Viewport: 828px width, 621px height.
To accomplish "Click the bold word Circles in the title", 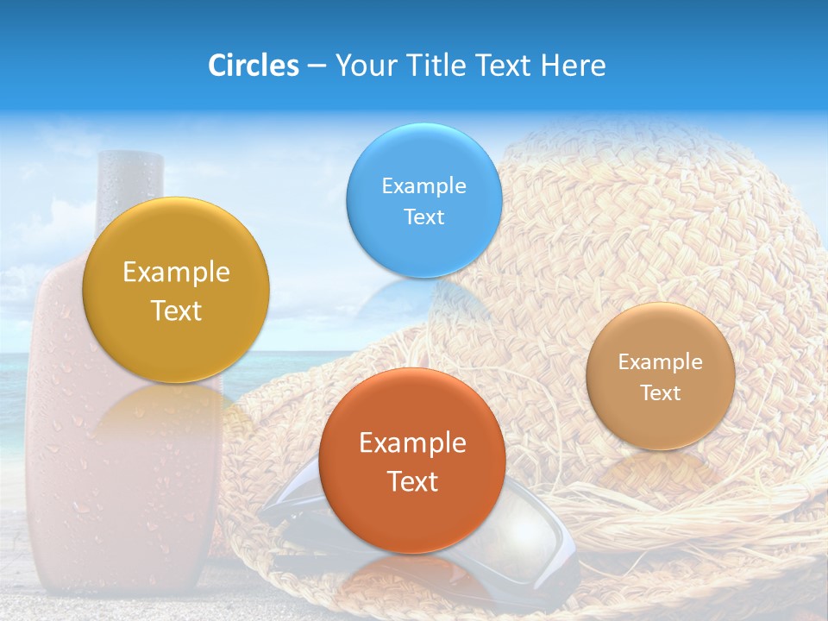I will [x=254, y=66].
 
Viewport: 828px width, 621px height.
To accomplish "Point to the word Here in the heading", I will [x=573, y=66].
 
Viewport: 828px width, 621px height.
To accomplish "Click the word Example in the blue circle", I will [x=423, y=185].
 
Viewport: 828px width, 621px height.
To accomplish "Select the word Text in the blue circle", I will [x=423, y=216].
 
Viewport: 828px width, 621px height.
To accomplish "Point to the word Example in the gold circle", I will [x=176, y=273].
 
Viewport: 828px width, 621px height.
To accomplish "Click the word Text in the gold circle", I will [x=176, y=310].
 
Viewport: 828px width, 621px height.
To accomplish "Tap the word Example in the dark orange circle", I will [x=412, y=443].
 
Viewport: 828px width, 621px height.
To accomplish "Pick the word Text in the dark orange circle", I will [x=412, y=481].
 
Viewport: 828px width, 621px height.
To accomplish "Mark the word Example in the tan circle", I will [x=661, y=362].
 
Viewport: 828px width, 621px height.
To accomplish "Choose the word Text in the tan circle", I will [x=661, y=393].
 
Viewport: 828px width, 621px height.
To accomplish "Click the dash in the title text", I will [x=317, y=66].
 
